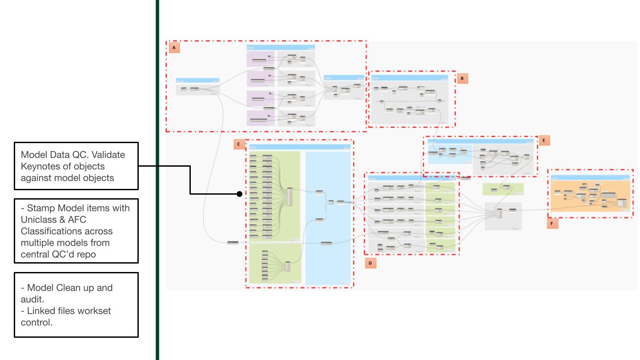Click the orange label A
click(x=174, y=47)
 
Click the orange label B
click(x=462, y=79)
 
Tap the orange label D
click(x=370, y=264)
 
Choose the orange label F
click(x=552, y=224)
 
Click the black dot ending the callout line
click(x=239, y=194)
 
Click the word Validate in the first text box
click(x=109, y=156)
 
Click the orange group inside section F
click(x=590, y=196)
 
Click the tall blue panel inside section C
click(x=328, y=218)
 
